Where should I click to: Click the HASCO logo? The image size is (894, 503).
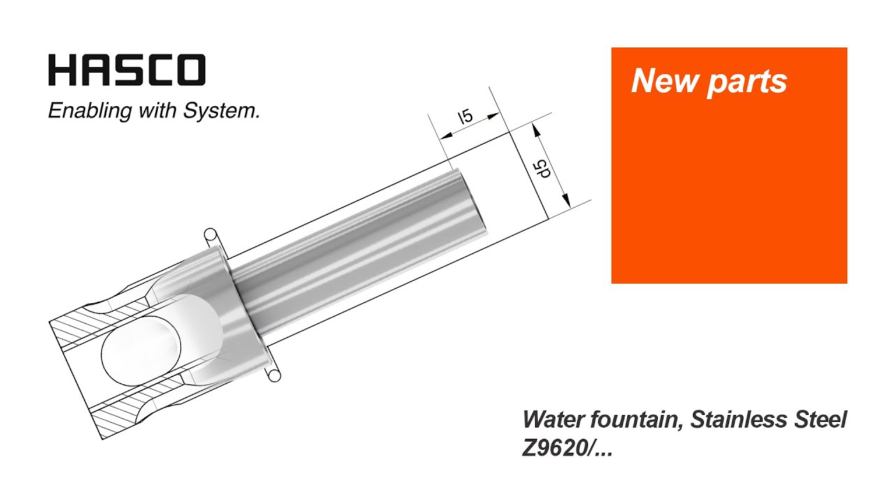(126, 71)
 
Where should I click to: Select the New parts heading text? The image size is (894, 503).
(709, 82)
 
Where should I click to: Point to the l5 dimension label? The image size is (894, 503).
(464, 117)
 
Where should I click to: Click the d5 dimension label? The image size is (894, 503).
(540, 169)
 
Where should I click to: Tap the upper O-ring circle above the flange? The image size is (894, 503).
(209, 234)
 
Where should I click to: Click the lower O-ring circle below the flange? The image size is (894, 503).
(274, 377)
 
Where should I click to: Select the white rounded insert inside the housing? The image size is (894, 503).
(161, 342)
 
